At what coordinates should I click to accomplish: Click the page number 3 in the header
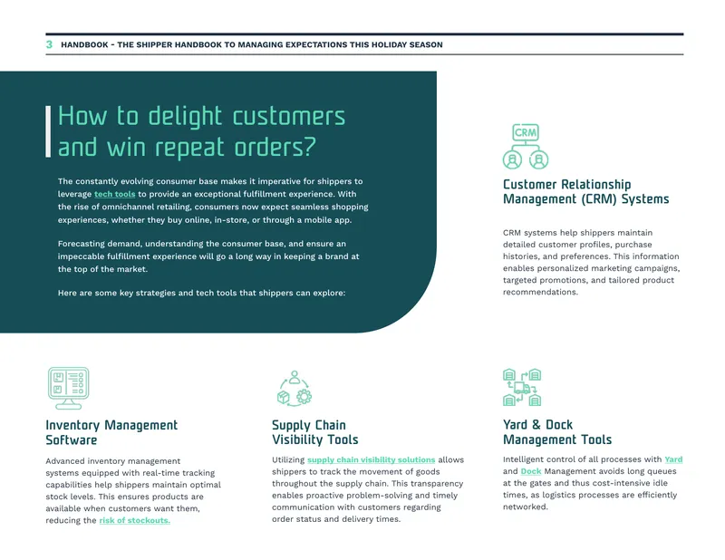(49, 44)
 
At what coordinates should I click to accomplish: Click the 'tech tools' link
(115, 194)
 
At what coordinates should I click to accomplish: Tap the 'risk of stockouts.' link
(134, 520)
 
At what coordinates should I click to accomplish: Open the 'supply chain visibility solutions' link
(372, 459)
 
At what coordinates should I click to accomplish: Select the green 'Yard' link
(673, 459)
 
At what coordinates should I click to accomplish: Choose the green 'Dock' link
(531, 471)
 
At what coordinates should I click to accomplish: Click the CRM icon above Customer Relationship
(526, 146)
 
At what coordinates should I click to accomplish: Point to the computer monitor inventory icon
(69, 389)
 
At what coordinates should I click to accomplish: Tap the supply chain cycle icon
(295, 389)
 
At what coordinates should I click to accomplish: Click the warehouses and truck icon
(522, 388)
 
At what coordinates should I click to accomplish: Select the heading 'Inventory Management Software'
(111, 432)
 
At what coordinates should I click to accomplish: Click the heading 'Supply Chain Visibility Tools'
(314, 432)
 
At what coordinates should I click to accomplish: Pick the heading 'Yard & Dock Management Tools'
(557, 432)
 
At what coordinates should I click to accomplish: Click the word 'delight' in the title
(185, 117)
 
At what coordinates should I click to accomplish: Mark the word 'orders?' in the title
(275, 148)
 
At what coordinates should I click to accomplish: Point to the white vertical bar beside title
(48, 131)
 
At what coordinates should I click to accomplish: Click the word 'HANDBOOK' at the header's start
(84, 45)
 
